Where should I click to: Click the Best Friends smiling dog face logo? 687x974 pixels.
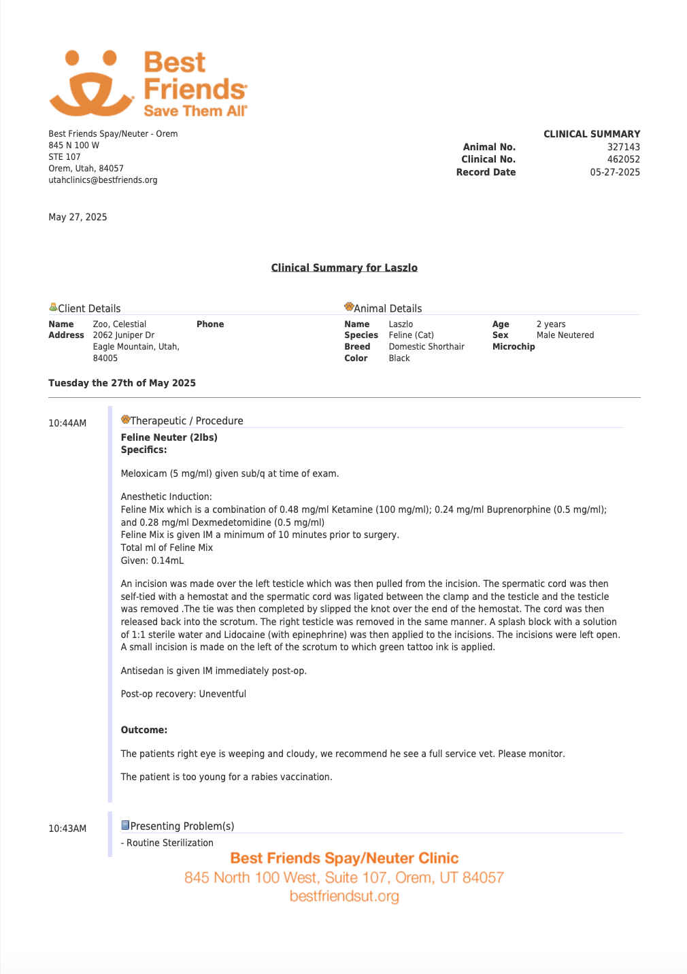(91, 84)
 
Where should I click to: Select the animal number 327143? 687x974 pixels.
(623, 147)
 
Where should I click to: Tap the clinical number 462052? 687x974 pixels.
(623, 159)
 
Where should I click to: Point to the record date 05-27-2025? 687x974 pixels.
(615, 172)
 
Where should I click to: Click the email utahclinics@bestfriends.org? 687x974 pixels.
(103, 180)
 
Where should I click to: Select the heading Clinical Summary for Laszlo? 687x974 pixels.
(344, 268)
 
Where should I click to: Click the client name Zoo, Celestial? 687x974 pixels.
(120, 324)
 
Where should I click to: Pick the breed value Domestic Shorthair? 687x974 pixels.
(426, 347)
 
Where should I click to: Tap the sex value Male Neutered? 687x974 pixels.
(565, 335)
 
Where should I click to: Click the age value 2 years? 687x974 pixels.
(551, 324)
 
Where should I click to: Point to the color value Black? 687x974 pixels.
(399, 358)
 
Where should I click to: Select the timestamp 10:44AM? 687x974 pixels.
(67, 423)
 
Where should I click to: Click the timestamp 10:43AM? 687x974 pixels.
(67, 828)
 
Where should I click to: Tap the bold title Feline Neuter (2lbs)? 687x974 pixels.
(169, 437)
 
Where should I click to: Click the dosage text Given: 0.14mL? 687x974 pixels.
(152, 560)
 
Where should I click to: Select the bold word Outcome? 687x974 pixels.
(144, 730)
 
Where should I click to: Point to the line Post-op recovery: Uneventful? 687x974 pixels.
(184, 694)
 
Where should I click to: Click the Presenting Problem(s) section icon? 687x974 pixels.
(125, 825)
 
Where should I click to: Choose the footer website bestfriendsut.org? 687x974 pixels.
(344, 896)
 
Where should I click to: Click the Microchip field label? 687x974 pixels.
(514, 347)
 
